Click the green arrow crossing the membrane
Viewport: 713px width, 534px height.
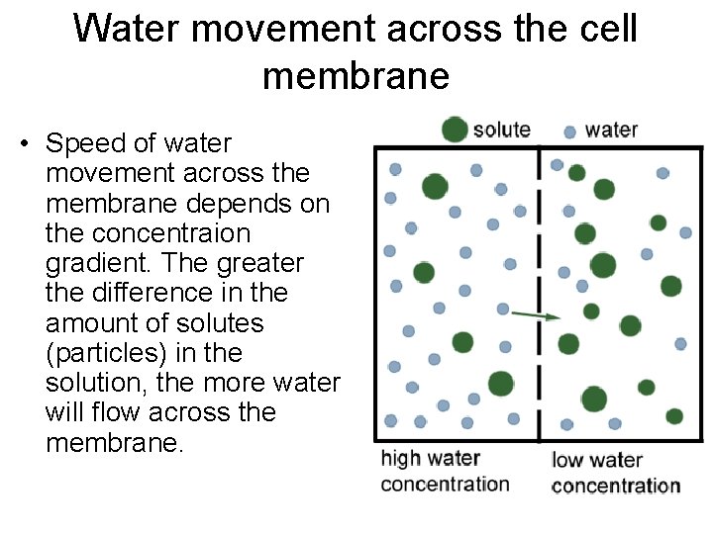coord(535,315)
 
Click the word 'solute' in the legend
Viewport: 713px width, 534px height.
coord(502,130)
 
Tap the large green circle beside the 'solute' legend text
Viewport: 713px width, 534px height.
coord(455,130)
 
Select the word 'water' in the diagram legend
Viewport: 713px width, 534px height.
coord(611,130)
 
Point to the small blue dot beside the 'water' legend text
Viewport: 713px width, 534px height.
coord(569,132)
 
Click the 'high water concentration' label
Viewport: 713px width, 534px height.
coord(445,471)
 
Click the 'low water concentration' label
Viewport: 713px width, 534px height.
coord(615,473)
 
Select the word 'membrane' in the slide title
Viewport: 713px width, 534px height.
coord(356,75)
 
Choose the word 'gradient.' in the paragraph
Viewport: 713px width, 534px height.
coord(99,263)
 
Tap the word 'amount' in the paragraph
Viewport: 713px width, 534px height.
coord(92,322)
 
